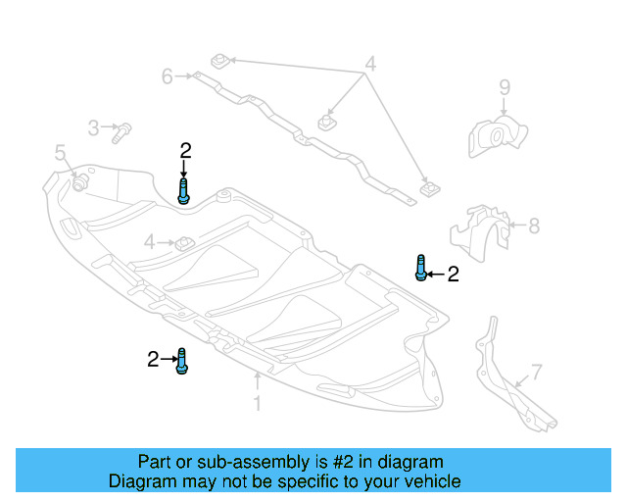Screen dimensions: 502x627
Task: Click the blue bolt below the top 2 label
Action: (x=183, y=190)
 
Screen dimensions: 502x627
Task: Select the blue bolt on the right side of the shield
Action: (x=420, y=267)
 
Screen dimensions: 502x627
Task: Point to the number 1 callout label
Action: (x=257, y=403)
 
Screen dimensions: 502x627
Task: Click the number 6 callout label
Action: (x=168, y=75)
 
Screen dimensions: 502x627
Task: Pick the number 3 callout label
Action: (x=94, y=127)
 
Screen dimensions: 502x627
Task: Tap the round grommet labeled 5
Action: (x=79, y=182)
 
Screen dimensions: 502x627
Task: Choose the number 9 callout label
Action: (x=504, y=88)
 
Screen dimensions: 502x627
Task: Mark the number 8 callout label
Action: (x=534, y=226)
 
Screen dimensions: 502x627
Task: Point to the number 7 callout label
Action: (x=536, y=372)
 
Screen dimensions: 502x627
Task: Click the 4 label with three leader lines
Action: (x=370, y=66)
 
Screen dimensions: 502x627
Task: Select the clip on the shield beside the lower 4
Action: (x=182, y=240)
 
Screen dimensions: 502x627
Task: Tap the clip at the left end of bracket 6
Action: (x=221, y=62)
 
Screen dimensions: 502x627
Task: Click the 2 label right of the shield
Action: (x=453, y=276)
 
